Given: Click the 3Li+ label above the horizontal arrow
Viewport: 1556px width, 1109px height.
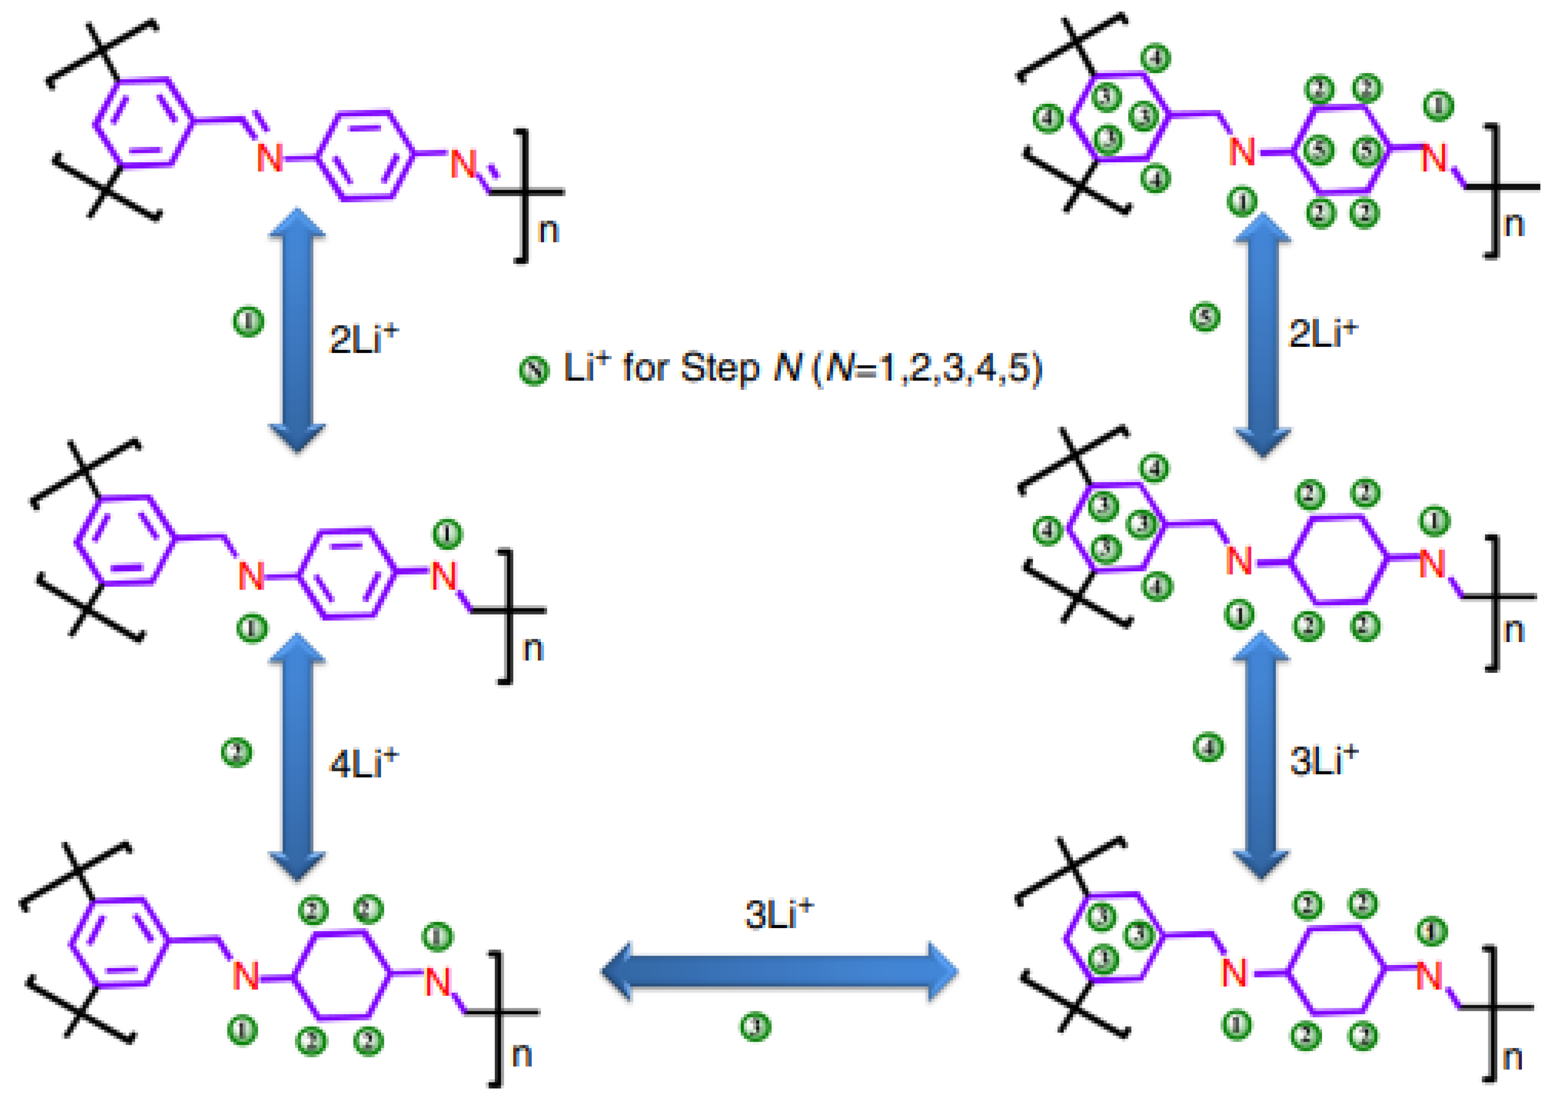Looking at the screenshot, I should (x=778, y=915).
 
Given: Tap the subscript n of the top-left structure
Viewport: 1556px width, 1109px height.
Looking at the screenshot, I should (x=548, y=231).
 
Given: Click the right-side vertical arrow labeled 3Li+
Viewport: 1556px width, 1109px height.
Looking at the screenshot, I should (x=1261, y=755).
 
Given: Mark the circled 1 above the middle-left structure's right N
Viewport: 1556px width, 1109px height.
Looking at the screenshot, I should (x=447, y=533).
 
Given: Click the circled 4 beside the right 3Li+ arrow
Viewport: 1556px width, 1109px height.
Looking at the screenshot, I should (x=1208, y=747).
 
